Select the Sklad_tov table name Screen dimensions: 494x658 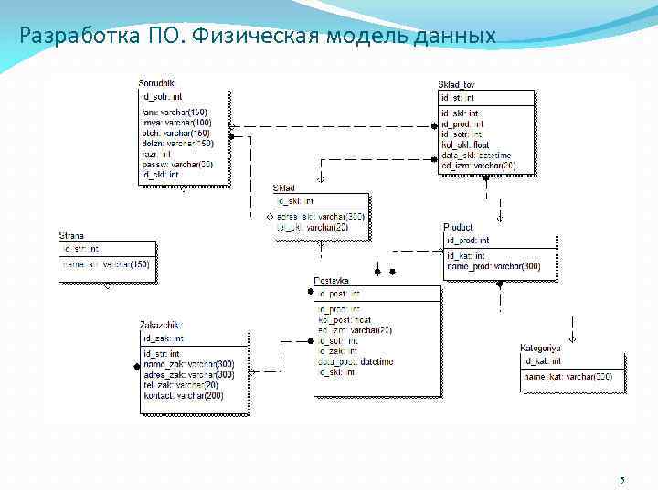click(456, 84)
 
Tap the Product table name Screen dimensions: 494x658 click(458, 227)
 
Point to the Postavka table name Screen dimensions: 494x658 click(332, 281)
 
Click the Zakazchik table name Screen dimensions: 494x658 click(159, 325)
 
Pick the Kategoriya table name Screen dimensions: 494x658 click(541, 349)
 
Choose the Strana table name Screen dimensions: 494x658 click(72, 236)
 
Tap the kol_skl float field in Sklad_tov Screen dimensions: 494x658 click(465, 145)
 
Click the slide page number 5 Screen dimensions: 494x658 click(622, 481)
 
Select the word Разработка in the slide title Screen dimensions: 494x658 click(79, 37)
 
